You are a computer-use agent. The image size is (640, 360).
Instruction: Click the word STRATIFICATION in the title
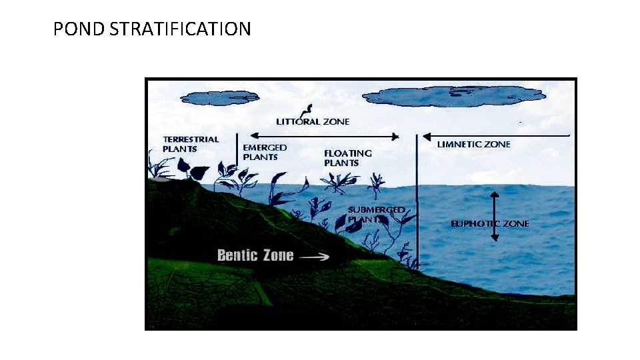click(x=179, y=29)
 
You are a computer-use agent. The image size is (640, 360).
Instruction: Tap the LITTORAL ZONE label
click(x=313, y=122)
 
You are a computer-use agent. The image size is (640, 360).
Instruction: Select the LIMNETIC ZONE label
click(x=473, y=145)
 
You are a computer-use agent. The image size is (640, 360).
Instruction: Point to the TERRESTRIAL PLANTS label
click(x=191, y=144)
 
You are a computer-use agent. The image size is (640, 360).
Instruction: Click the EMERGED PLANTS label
click(x=265, y=152)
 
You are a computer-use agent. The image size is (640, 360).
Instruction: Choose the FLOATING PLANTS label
click(x=348, y=158)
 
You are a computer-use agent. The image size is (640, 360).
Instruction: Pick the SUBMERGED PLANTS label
click(x=376, y=214)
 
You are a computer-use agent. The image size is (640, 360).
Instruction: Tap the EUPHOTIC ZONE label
click(x=489, y=224)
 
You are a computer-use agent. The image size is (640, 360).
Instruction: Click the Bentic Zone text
click(x=255, y=255)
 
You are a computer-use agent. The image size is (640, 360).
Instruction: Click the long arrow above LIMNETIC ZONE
click(x=496, y=135)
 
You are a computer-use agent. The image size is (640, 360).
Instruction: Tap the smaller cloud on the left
click(x=219, y=98)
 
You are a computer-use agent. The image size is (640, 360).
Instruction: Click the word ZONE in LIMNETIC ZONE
click(x=497, y=145)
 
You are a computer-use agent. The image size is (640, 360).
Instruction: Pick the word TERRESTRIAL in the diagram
click(x=191, y=139)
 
